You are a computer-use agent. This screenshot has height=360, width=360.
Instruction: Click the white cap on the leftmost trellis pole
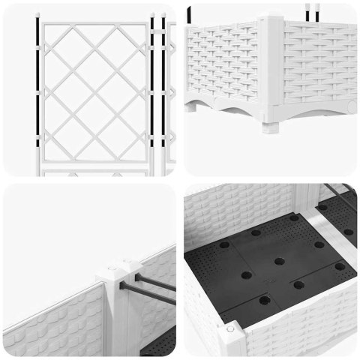pos(34,13)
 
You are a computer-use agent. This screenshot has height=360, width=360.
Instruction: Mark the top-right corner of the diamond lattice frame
pos(145,22)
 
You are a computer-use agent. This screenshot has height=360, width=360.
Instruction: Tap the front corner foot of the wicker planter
pos(271,121)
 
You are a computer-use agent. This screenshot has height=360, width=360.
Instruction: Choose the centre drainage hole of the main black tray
pos(279,261)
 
